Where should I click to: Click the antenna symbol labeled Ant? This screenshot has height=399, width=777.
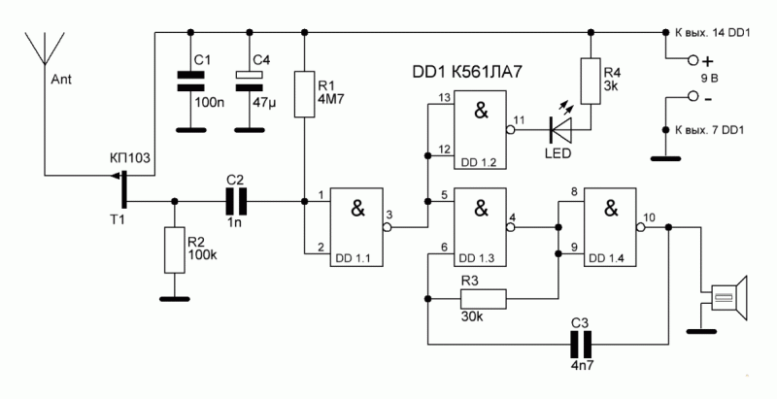(45, 50)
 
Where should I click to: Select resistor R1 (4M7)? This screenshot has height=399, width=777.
(304, 94)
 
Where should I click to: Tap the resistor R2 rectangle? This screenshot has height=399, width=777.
(175, 250)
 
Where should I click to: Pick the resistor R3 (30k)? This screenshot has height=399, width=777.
(483, 300)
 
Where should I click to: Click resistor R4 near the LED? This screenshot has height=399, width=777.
(591, 81)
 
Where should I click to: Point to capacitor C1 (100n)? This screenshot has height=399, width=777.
(190, 82)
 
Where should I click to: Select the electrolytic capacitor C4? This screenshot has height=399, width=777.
(250, 82)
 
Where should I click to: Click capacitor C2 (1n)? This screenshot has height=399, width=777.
(236, 202)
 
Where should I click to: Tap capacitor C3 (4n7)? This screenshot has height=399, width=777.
(580, 344)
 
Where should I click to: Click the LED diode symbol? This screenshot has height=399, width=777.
(560, 131)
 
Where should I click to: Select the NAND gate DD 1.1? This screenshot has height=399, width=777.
(357, 227)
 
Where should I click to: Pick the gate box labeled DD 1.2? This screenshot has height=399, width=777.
(481, 130)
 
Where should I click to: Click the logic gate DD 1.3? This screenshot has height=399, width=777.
(481, 227)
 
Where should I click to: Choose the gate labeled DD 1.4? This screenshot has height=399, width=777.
(610, 227)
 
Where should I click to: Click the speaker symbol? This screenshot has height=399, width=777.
(729, 298)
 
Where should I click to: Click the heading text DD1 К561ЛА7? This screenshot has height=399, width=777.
(467, 72)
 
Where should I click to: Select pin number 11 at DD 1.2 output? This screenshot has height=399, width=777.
(519, 120)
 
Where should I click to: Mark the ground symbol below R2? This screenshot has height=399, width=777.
(175, 298)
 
